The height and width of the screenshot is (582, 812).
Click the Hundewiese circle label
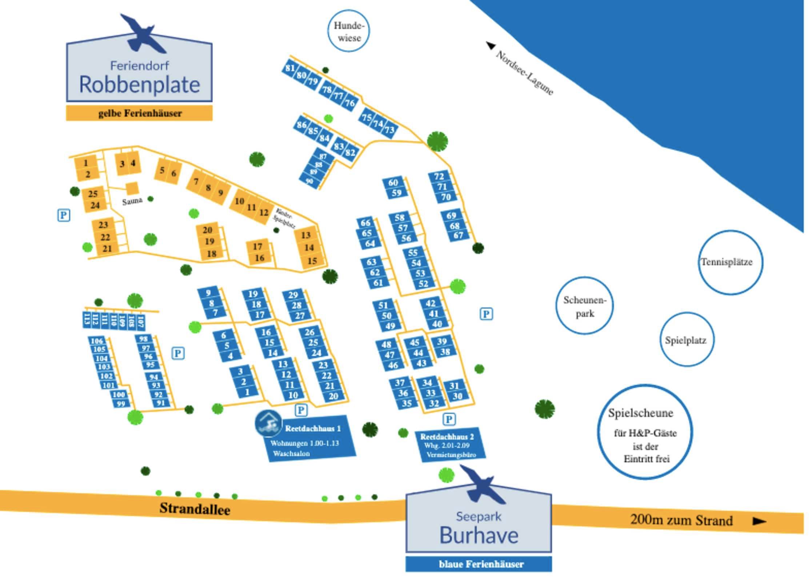[349, 31]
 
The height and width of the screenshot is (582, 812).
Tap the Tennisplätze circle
[730, 262]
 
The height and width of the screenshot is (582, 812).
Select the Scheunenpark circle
[584, 306]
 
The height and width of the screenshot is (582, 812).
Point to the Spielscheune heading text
[640, 413]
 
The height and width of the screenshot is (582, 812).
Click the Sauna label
[132, 201]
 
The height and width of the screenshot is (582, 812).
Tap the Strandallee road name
[195, 509]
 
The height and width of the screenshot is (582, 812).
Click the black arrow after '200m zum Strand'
[759, 521]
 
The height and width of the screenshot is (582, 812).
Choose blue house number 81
[290, 68]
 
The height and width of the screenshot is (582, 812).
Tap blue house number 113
[87, 319]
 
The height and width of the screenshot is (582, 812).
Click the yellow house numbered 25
[93, 194]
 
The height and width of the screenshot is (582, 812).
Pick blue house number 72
[439, 176]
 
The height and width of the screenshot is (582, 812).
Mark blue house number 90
[309, 181]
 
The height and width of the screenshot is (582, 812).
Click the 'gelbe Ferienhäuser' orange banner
[139, 113]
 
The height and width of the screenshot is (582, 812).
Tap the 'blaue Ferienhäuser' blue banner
[479, 564]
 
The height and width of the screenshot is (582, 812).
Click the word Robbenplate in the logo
[139, 85]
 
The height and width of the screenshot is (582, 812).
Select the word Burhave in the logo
[479, 535]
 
